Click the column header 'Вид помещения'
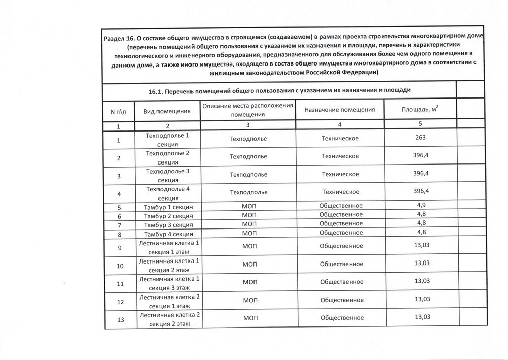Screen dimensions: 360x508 coord(167,111)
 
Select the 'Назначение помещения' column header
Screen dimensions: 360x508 coord(340,110)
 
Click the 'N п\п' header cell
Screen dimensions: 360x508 coord(118,111)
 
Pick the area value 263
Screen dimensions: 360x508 coord(419,138)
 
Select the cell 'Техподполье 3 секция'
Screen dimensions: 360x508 coord(168,176)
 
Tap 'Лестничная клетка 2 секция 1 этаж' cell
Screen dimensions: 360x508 coord(168,302)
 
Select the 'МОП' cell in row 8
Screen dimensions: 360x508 coord(248,234)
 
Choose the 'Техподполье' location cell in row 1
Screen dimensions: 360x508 coord(248,139)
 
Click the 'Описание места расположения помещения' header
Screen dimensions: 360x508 coord(248,110)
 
